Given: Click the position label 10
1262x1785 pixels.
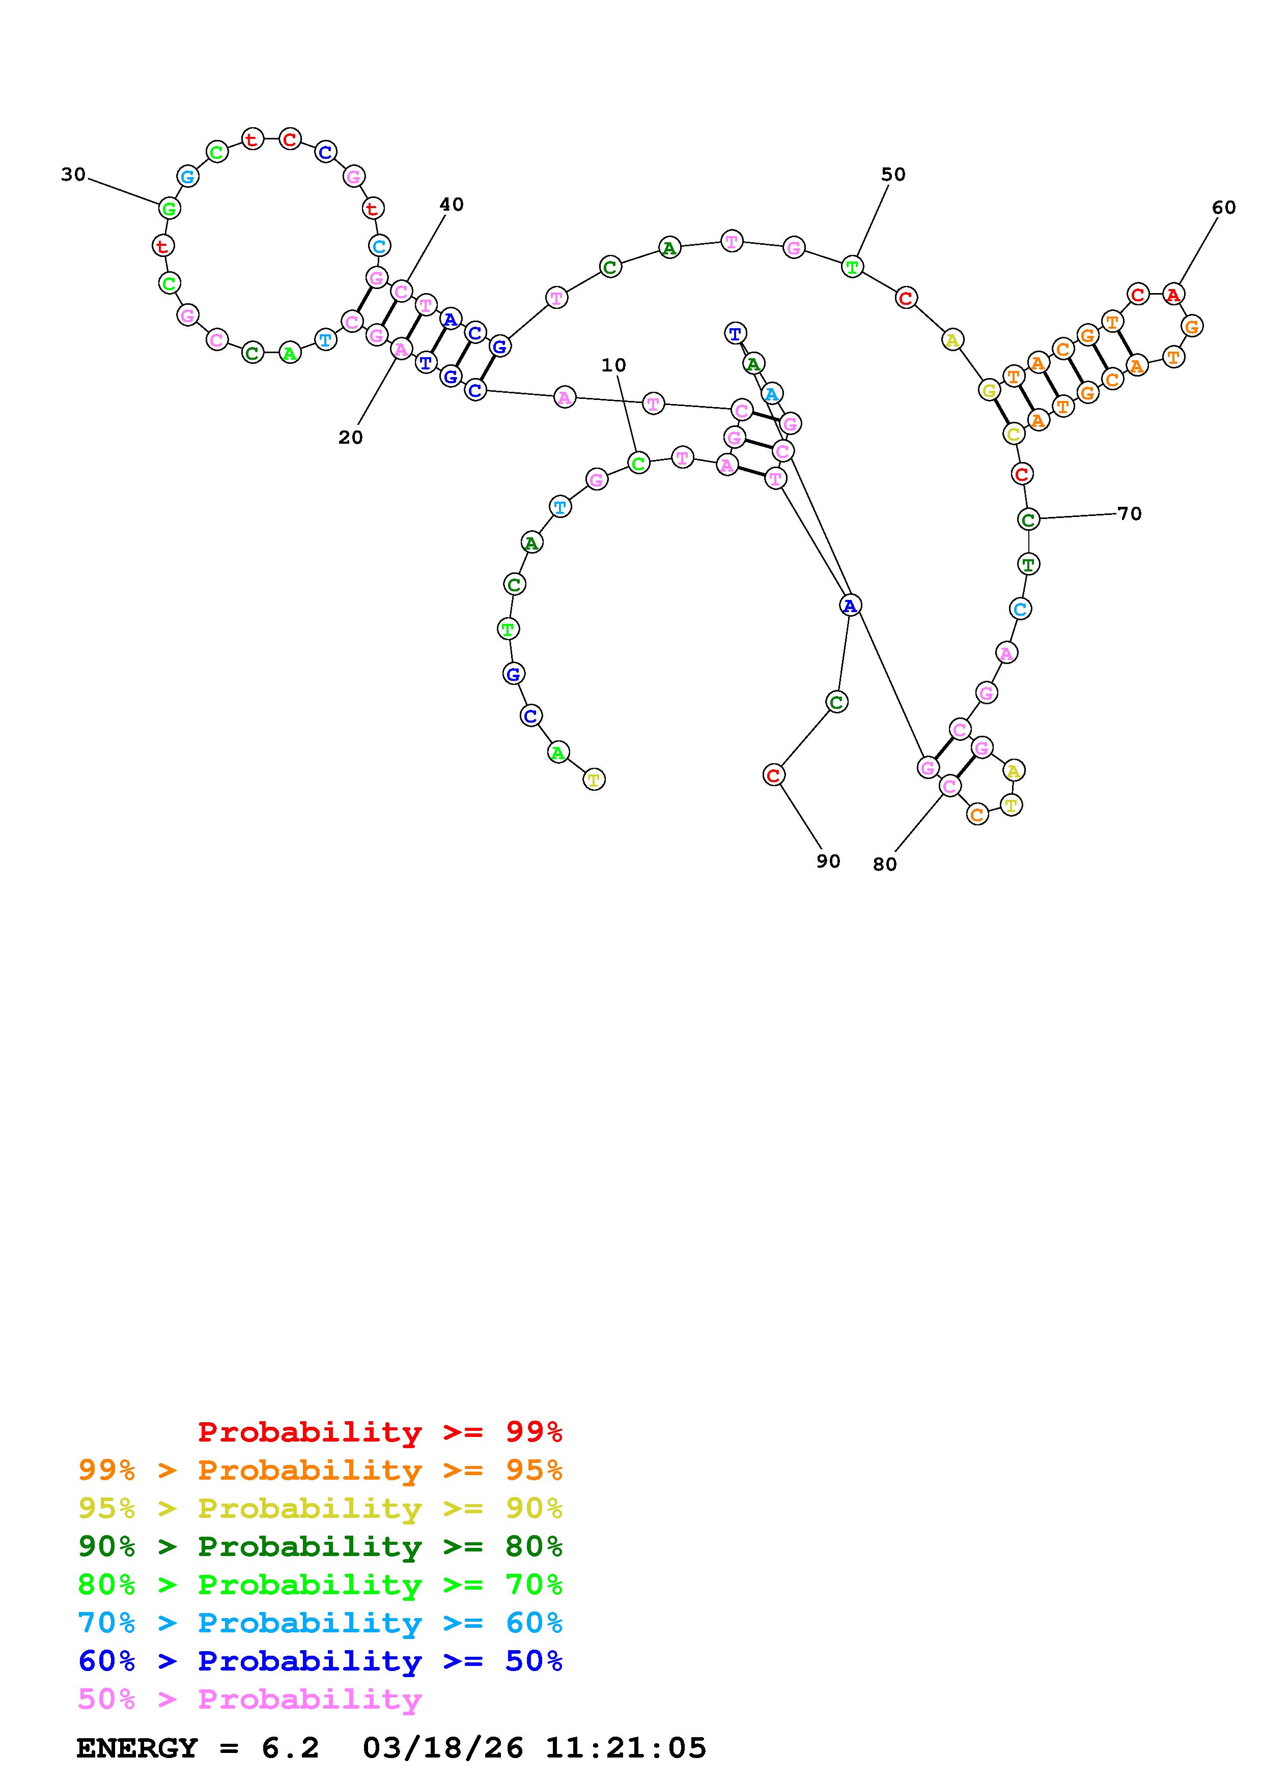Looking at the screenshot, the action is click(613, 365).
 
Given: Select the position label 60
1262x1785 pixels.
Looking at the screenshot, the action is click(1223, 208).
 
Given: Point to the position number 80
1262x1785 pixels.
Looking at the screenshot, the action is click(884, 865).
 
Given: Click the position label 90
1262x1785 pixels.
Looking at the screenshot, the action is click(828, 860).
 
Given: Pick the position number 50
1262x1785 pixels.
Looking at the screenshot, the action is click(892, 174).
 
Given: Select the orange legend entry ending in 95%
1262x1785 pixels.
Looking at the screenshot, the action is click(320, 1470).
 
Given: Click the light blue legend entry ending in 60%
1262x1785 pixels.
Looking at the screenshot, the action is click(320, 1623).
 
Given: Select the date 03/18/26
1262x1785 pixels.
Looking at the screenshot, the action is click(442, 1748).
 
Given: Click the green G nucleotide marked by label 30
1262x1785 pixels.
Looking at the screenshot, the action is click(169, 208).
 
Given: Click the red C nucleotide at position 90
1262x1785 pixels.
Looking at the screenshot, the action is click(773, 774).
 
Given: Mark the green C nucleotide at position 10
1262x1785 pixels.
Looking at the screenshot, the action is click(637, 464).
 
